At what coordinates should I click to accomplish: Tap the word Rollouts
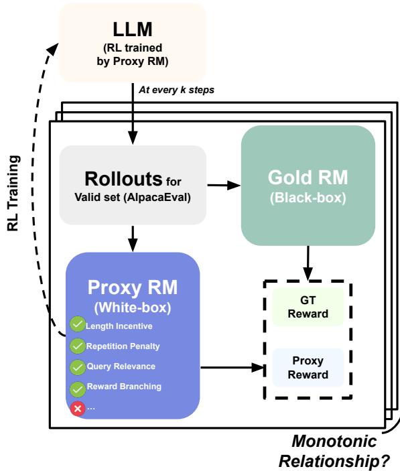click(x=122, y=180)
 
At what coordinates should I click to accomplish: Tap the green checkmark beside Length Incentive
click(x=77, y=326)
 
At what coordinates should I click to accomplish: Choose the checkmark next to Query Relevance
click(x=77, y=366)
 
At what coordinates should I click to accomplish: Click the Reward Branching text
click(x=124, y=387)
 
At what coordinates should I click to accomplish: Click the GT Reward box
click(x=307, y=307)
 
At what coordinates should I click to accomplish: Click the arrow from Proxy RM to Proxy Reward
click(x=232, y=366)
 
